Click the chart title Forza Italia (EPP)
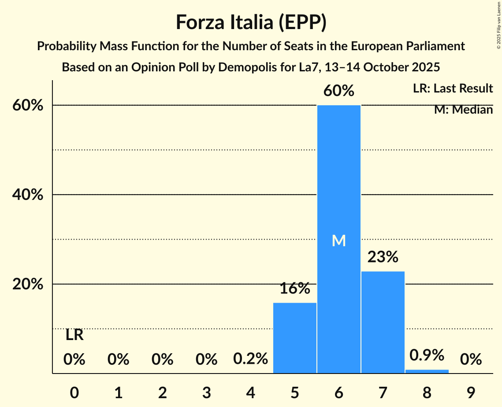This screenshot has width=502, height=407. coord(251,22)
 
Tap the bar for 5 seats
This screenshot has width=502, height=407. coord(295,338)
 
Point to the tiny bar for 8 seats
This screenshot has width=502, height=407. coord(427,371)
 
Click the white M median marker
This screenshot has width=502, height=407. coord(338,240)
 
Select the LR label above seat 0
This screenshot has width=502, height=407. coord(74,335)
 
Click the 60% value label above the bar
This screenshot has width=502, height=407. coord(338,91)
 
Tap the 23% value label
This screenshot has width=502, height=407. coord(383,257)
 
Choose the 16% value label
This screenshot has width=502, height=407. coord(295,289)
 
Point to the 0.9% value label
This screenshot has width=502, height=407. coord(427,355)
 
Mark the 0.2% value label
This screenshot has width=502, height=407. coord(250,359)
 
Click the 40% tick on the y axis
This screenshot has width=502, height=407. coord(27,195)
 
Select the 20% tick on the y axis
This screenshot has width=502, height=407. coord(27,285)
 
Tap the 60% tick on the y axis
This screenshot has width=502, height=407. coord(27,106)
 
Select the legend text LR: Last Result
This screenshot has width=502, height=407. coord(453,89)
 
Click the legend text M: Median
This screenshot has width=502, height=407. coord(463,110)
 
